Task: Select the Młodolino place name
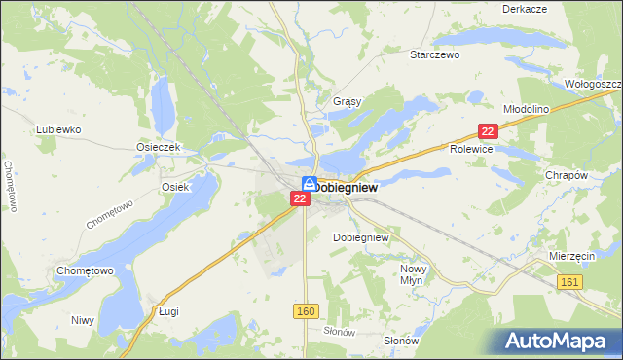pyautogui.click(x=526, y=109)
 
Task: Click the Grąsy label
pyautogui.click(x=347, y=101)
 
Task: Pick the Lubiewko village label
pyautogui.click(x=58, y=128)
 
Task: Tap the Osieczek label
pyautogui.click(x=156, y=147)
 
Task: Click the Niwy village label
pyautogui.click(x=82, y=319)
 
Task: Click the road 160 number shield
pyautogui.click(x=305, y=309)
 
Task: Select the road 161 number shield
pyautogui.click(x=571, y=281)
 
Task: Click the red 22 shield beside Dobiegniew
pyautogui.click(x=301, y=198)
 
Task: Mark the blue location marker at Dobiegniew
pyautogui.click(x=308, y=183)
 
